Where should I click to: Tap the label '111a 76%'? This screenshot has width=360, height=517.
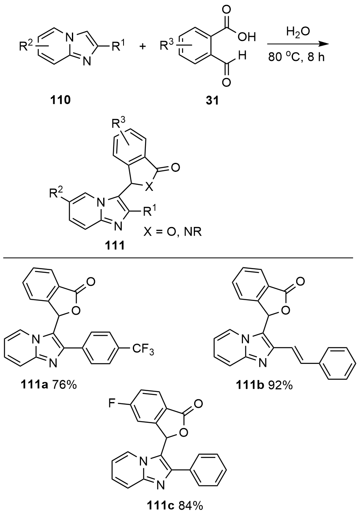coord(52,383)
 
